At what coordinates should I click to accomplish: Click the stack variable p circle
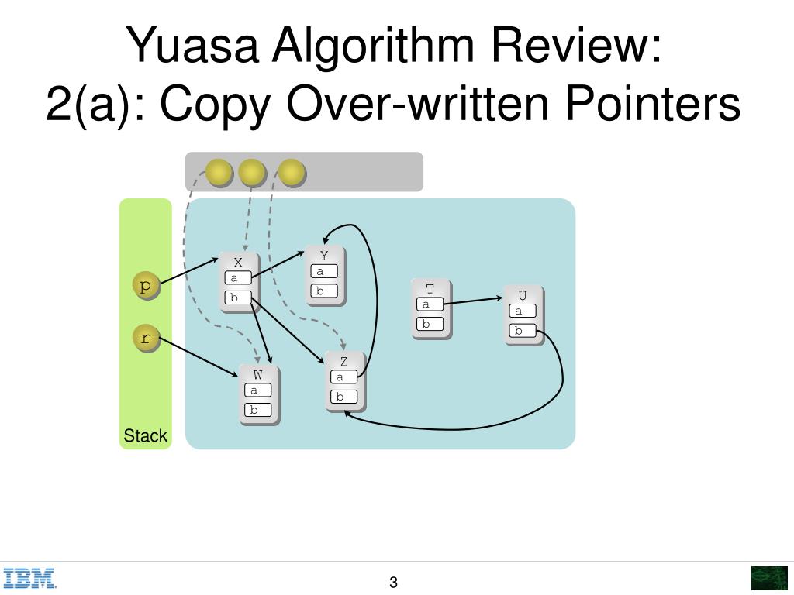click(145, 286)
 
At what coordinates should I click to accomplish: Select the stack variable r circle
click(145, 338)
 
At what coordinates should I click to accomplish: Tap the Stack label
click(145, 436)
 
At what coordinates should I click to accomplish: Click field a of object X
click(238, 278)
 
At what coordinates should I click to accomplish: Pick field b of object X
click(238, 297)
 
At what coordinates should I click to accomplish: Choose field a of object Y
click(324, 272)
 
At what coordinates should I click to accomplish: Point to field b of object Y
click(324, 291)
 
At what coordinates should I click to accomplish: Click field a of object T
click(430, 304)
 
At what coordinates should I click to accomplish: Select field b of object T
click(430, 325)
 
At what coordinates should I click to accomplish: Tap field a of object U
click(523, 311)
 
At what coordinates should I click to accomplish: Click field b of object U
click(523, 331)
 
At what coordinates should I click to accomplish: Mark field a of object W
click(258, 390)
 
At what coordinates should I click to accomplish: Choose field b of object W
click(258, 411)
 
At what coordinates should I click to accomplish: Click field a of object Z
click(344, 377)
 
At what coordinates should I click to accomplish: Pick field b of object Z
click(344, 397)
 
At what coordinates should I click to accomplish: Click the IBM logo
click(30, 579)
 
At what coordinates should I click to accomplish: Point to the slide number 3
click(393, 583)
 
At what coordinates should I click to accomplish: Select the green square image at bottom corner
click(768, 579)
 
